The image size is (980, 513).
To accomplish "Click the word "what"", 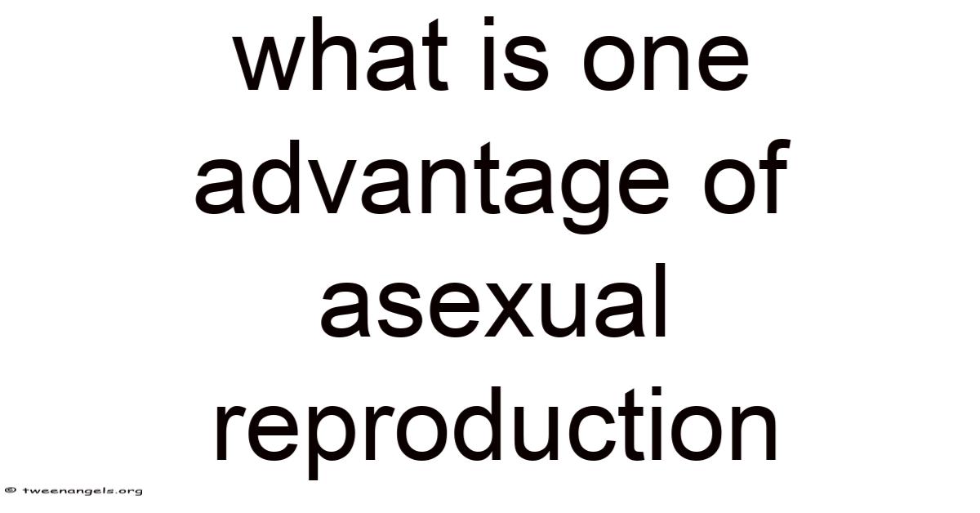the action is (x=341, y=54).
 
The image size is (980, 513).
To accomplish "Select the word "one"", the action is (x=666, y=62).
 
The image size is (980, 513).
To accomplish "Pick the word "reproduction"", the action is (x=495, y=432).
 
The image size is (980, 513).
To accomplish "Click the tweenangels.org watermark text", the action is (x=82, y=491).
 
